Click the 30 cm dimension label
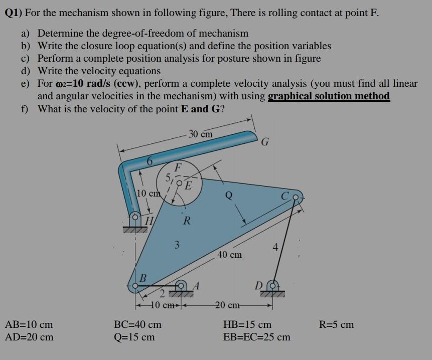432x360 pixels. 200,134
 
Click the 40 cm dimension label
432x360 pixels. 230,255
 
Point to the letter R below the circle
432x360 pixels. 186,220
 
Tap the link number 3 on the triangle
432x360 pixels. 176,245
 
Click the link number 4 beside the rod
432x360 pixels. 274,247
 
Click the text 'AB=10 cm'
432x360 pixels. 29,324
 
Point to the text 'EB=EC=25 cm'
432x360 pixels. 256,337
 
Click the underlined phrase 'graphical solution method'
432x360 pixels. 329,96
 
